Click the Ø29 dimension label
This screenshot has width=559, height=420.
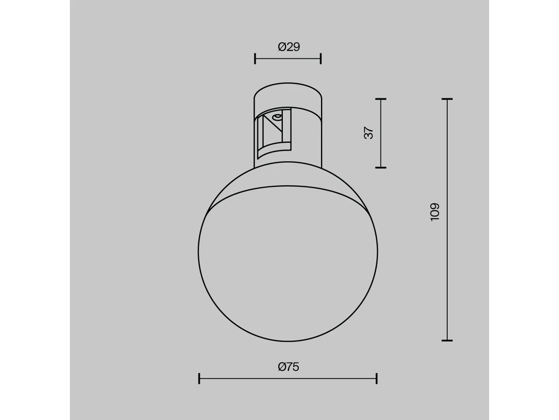pos(289,47)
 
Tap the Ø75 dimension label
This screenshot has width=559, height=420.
pos(288,367)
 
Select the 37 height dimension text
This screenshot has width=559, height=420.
pos(368,133)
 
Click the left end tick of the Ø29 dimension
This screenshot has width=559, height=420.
pos(255,59)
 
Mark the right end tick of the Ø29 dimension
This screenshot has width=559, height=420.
pos(321,59)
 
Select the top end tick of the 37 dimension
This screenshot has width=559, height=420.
pos(381,98)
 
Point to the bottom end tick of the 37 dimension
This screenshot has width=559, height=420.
pos(381,168)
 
